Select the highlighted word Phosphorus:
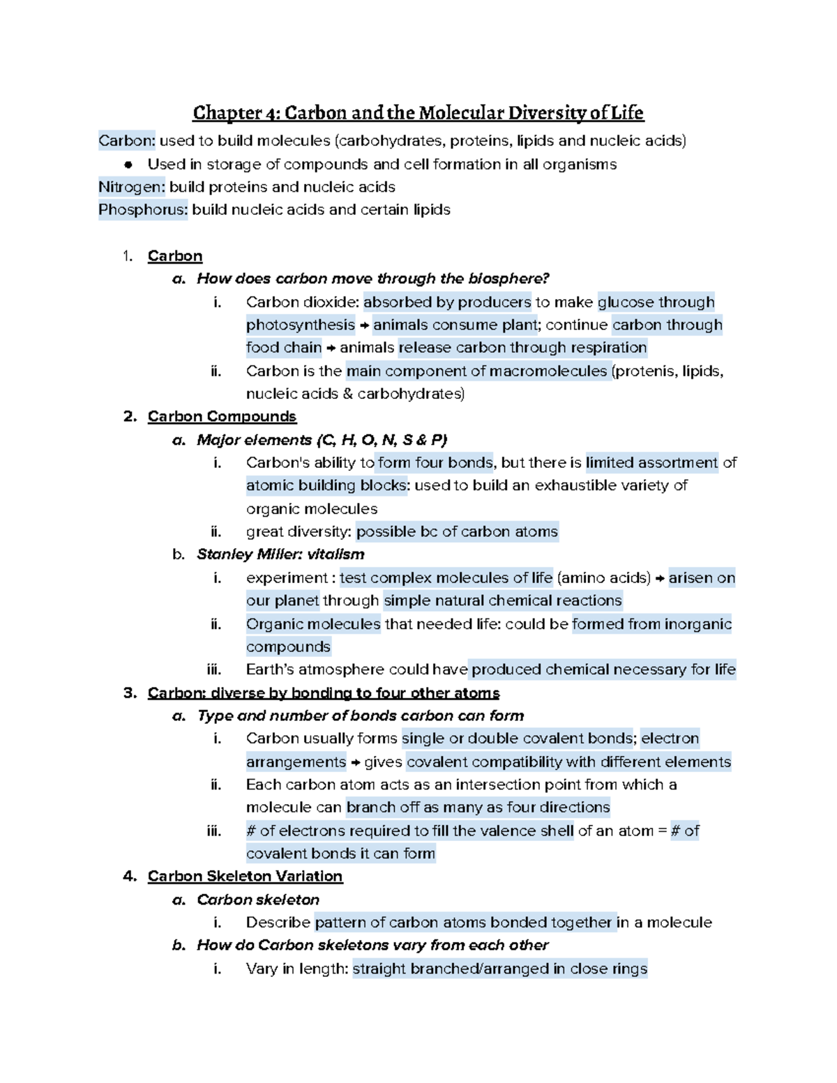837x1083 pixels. (x=143, y=210)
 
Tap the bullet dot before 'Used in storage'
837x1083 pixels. (x=128, y=165)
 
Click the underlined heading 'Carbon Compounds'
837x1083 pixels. (x=222, y=416)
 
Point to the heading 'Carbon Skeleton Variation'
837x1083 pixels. (x=245, y=876)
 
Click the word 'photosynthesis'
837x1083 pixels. (x=301, y=325)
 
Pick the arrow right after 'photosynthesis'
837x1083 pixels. (x=364, y=326)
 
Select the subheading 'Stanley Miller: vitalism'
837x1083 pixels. (x=280, y=554)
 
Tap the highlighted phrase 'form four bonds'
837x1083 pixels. (x=435, y=462)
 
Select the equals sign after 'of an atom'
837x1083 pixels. (x=662, y=831)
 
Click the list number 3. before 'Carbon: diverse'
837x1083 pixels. (x=129, y=692)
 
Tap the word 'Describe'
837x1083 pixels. (x=278, y=922)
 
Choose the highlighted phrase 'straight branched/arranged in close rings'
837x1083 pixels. (x=500, y=969)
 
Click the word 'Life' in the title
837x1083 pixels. (x=627, y=113)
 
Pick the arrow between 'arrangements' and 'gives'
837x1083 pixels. (x=355, y=762)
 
